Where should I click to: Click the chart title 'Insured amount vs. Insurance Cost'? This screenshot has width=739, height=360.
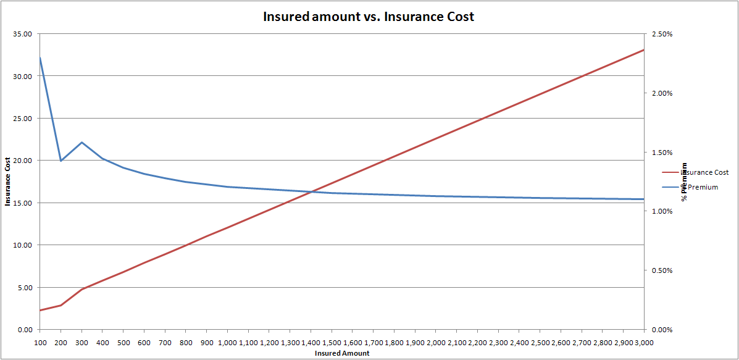click(369, 17)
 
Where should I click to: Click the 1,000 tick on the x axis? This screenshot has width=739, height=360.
click(228, 341)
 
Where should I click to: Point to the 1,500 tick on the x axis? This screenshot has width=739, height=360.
click(332, 341)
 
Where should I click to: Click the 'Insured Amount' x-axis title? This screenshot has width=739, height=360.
click(342, 353)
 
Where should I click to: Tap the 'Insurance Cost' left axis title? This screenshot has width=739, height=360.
click(8, 182)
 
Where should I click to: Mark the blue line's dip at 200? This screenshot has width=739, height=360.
click(61, 161)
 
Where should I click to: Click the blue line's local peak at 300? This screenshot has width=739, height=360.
click(81, 142)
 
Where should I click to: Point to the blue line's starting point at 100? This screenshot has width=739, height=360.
click(40, 57)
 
